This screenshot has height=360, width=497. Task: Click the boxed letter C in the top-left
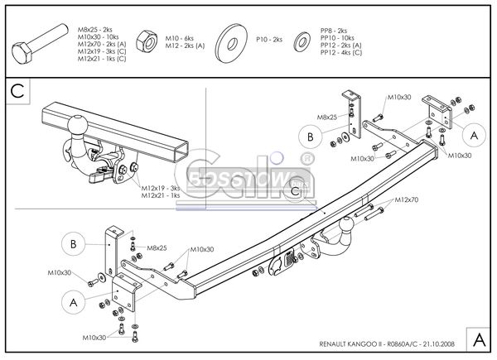[x=17, y=90]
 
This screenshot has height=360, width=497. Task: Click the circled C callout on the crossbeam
[x=296, y=191]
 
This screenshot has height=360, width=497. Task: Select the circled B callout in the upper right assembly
[x=310, y=136]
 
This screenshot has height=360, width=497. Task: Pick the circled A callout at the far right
[x=473, y=135]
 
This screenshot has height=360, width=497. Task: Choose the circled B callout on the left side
[x=74, y=243]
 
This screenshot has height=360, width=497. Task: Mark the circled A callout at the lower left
[x=74, y=303]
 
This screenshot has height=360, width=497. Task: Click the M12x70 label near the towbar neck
[x=407, y=199]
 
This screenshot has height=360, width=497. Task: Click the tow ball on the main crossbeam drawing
[x=347, y=224]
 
